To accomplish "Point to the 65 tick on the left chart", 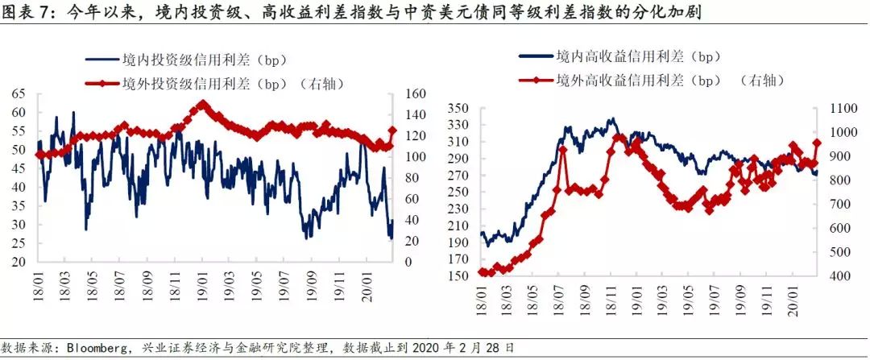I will tap(18, 94).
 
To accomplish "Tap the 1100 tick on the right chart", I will tap(839, 108).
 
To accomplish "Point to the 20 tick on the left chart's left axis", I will tap(18, 263).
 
